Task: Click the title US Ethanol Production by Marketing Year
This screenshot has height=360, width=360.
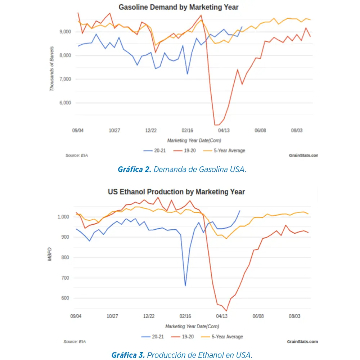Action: (176, 192)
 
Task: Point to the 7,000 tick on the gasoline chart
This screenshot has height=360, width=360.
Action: (65, 79)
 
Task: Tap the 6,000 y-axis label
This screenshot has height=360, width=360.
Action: (65, 103)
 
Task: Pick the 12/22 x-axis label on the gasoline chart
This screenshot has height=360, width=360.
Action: (151, 131)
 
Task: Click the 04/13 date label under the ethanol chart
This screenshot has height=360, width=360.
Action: (222, 316)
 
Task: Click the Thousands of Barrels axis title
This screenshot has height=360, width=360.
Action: (52, 68)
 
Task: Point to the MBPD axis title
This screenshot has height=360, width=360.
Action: (50, 254)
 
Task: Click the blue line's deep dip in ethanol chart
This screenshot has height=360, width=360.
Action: (185, 285)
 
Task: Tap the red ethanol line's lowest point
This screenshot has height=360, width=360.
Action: (226, 311)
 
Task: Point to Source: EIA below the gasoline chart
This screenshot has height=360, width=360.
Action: (77, 155)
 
